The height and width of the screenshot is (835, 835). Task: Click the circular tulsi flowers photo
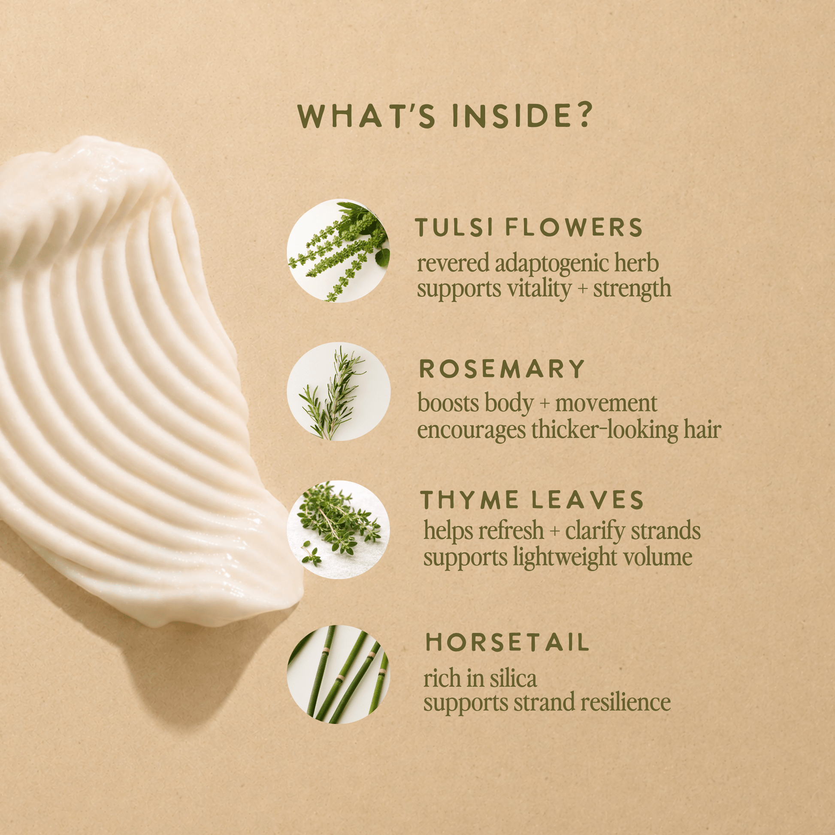[339, 251]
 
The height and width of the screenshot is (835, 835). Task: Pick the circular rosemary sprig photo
[339, 392]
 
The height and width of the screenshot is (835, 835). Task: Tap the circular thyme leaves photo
[339, 529]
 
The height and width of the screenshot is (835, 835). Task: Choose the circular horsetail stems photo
[339, 674]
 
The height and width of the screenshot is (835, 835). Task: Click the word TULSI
[454, 227]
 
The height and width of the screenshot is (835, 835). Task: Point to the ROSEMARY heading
[502, 369]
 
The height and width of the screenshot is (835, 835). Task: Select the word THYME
[469, 499]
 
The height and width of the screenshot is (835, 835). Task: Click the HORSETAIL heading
[508, 642]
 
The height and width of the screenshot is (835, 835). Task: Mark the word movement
[606, 403]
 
